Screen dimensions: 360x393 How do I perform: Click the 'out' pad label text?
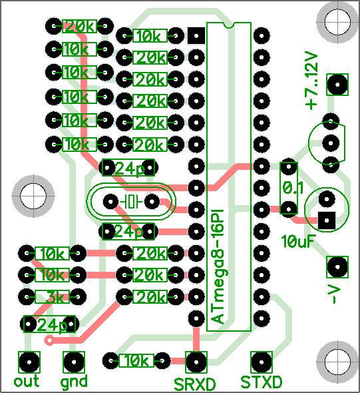(x=27, y=381)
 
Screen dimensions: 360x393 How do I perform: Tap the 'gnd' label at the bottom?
(x=74, y=382)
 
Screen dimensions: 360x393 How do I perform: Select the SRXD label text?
(x=194, y=384)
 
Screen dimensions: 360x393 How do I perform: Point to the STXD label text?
(x=261, y=382)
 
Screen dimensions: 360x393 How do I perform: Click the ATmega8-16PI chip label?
(x=218, y=266)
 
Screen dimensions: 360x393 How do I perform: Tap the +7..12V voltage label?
(x=311, y=81)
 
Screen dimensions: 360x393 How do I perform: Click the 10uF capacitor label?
(x=297, y=241)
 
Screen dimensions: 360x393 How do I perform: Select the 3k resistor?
(x=53, y=297)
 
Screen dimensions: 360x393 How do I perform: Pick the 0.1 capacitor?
(x=289, y=187)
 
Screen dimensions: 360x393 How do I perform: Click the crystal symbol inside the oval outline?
(x=131, y=201)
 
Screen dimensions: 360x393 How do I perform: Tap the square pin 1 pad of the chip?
(x=196, y=35)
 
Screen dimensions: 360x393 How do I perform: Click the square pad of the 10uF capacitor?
(x=327, y=220)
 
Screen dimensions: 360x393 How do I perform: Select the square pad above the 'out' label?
(x=29, y=362)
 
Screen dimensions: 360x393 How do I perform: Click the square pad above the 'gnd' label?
(x=74, y=362)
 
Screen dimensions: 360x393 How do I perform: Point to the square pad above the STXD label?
(x=261, y=362)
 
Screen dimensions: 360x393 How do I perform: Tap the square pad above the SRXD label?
(x=196, y=362)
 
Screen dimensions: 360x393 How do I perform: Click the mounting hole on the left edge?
(x=33, y=196)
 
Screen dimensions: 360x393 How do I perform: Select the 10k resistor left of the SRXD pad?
(x=136, y=360)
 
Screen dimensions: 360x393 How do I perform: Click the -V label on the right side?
(x=335, y=295)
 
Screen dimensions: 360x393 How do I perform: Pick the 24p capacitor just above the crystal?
(x=128, y=168)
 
